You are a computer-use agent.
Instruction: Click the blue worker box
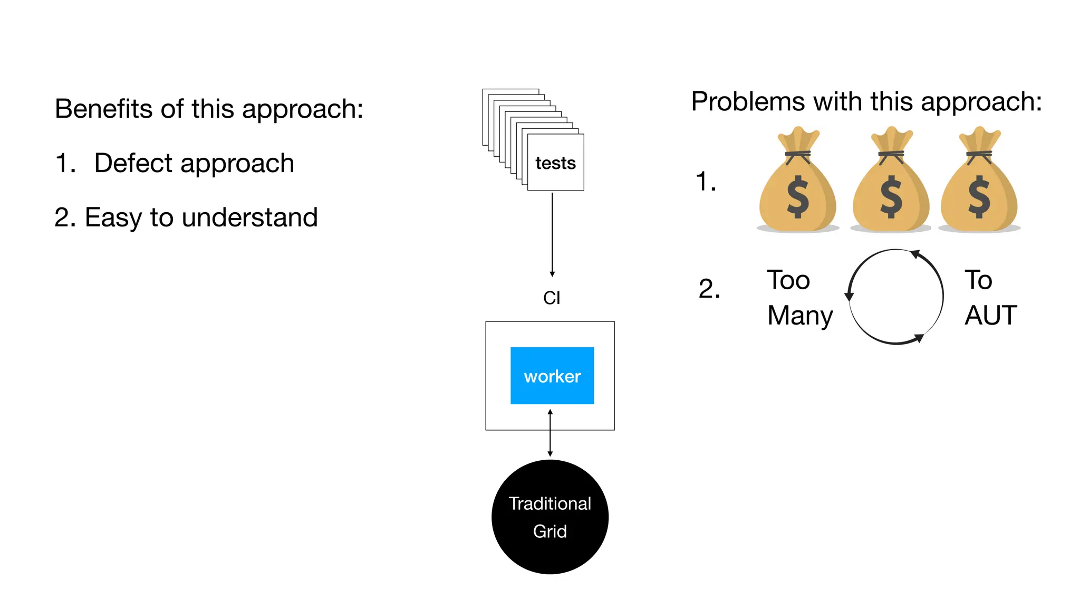point(552,375)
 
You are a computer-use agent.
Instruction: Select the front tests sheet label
point(555,163)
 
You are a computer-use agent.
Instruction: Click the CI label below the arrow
point(552,298)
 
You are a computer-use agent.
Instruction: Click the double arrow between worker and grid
point(550,433)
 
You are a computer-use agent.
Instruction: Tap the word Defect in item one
point(133,163)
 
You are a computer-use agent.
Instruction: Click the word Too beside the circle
point(788,280)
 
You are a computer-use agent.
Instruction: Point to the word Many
point(799,316)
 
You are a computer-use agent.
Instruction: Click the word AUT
point(990,316)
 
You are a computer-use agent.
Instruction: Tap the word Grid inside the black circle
point(549,531)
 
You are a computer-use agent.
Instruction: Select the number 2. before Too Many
point(709,289)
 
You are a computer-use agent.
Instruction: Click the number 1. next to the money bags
point(706,182)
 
